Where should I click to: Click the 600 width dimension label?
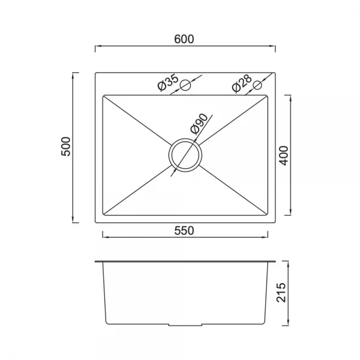(184, 39)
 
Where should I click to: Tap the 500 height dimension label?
(66, 146)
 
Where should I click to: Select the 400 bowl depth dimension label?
(284, 155)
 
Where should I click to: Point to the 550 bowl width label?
(184, 231)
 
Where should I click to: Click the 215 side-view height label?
(281, 293)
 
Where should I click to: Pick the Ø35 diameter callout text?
(168, 82)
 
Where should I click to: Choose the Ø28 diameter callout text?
(242, 83)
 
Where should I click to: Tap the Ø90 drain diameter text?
(199, 124)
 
